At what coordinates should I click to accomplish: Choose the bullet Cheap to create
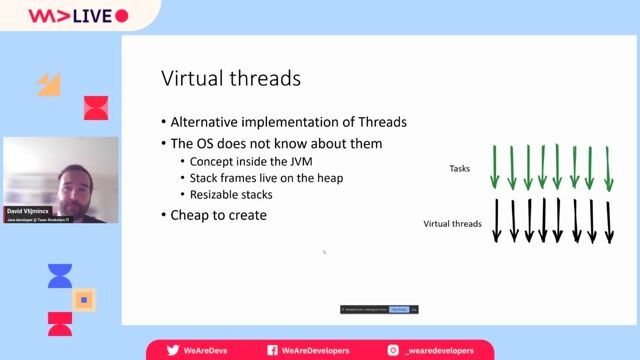point(218,215)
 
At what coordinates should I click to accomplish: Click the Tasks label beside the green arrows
point(460,169)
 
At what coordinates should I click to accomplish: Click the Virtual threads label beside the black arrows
point(453,224)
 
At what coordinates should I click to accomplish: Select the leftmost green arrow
point(494,168)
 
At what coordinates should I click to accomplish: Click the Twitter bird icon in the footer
point(172,350)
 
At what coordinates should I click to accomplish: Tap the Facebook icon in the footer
point(272,350)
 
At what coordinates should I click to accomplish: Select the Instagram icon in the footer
point(395,350)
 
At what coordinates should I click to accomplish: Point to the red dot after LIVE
point(122,16)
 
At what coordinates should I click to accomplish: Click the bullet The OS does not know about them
point(276,143)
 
